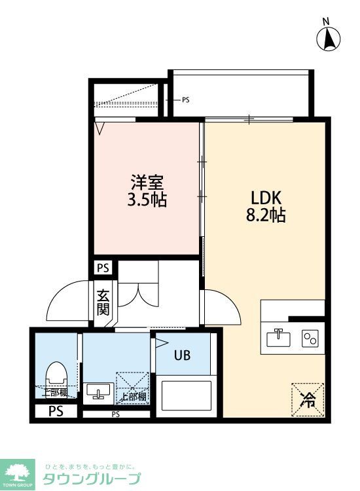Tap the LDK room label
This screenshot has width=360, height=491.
click(x=266, y=197)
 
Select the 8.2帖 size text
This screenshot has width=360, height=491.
click(x=266, y=215)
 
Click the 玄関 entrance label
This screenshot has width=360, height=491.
click(x=103, y=302)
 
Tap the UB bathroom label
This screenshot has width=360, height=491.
click(x=182, y=355)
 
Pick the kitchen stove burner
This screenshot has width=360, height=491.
click(x=309, y=338)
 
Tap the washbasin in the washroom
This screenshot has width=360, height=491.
click(x=98, y=391)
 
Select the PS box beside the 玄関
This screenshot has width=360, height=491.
click(x=103, y=267)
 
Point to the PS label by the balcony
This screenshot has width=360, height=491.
click(x=185, y=100)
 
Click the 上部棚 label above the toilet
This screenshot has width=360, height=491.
click(x=55, y=393)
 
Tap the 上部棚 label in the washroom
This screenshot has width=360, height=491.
click(x=133, y=397)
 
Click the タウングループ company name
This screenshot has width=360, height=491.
click(x=91, y=479)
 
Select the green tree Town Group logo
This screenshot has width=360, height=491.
click(x=20, y=471)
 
